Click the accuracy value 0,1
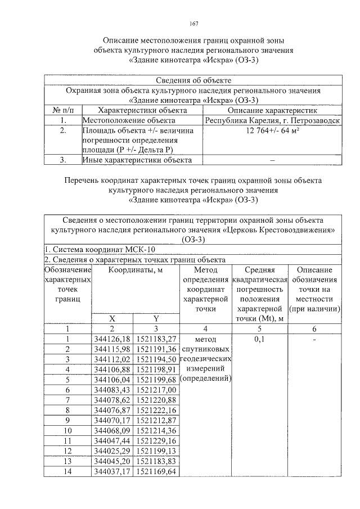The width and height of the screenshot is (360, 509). point(259,340)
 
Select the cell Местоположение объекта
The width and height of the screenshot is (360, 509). point(129,120)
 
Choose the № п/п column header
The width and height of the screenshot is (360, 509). point(64,110)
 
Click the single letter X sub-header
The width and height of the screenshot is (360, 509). point(112,318)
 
